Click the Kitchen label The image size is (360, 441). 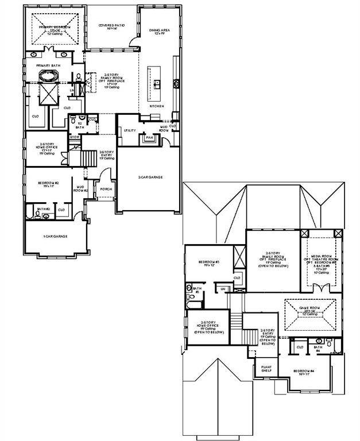pyautogui.click(x=157, y=106)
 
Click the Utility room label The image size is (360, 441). pyautogui.click(x=130, y=130)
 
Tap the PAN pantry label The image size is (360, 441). pyautogui.click(x=149, y=138)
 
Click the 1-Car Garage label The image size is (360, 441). pyautogui.click(x=56, y=236)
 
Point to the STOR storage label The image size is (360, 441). pyautogui.click(x=74, y=137)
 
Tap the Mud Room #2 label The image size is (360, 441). pyautogui.click(x=82, y=189)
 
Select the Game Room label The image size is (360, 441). pyautogui.click(x=310, y=310)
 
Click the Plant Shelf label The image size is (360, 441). pyautogui.click(x=267, y=368)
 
